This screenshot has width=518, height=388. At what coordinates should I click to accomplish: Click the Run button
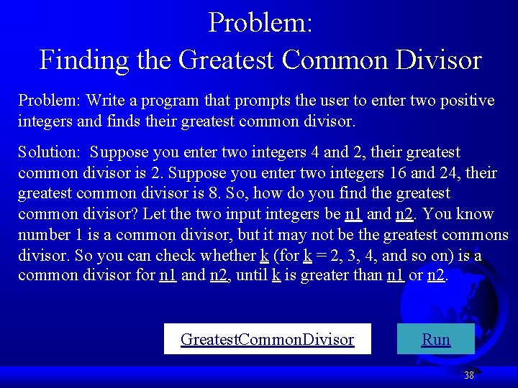coord(435,339)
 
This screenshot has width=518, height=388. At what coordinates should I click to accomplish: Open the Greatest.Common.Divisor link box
coord(267,339)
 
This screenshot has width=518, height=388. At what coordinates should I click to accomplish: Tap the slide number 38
coord(469,375)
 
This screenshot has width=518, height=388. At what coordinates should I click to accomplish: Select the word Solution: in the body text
coord(49,152)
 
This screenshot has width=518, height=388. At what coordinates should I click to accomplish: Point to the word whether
coord(219,256)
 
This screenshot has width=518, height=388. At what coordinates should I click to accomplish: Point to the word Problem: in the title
coord(260,23)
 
